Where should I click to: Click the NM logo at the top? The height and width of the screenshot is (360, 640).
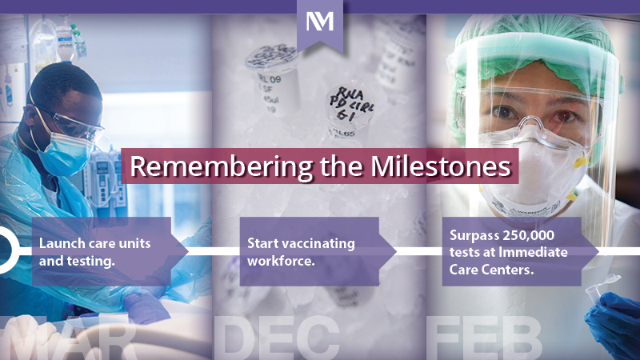[320, 22]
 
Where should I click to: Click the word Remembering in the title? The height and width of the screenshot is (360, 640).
[208, 167]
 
